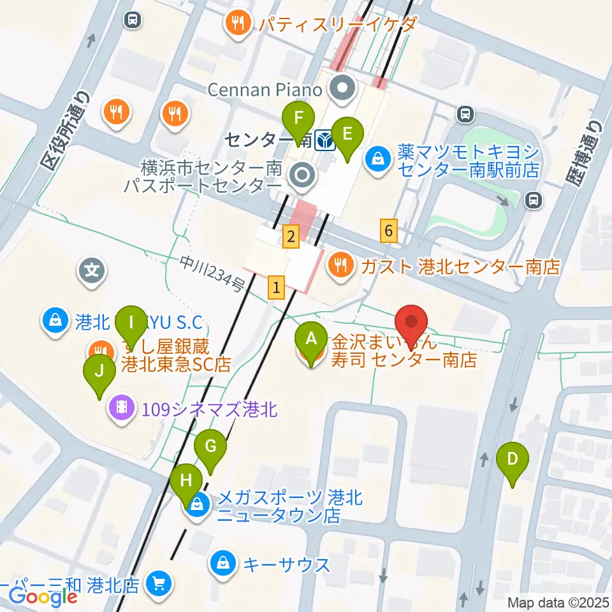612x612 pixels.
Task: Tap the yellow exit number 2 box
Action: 291,237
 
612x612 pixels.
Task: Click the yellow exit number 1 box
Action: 276,288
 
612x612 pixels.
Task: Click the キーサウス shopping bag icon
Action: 223,564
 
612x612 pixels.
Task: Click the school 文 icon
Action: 92,270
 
